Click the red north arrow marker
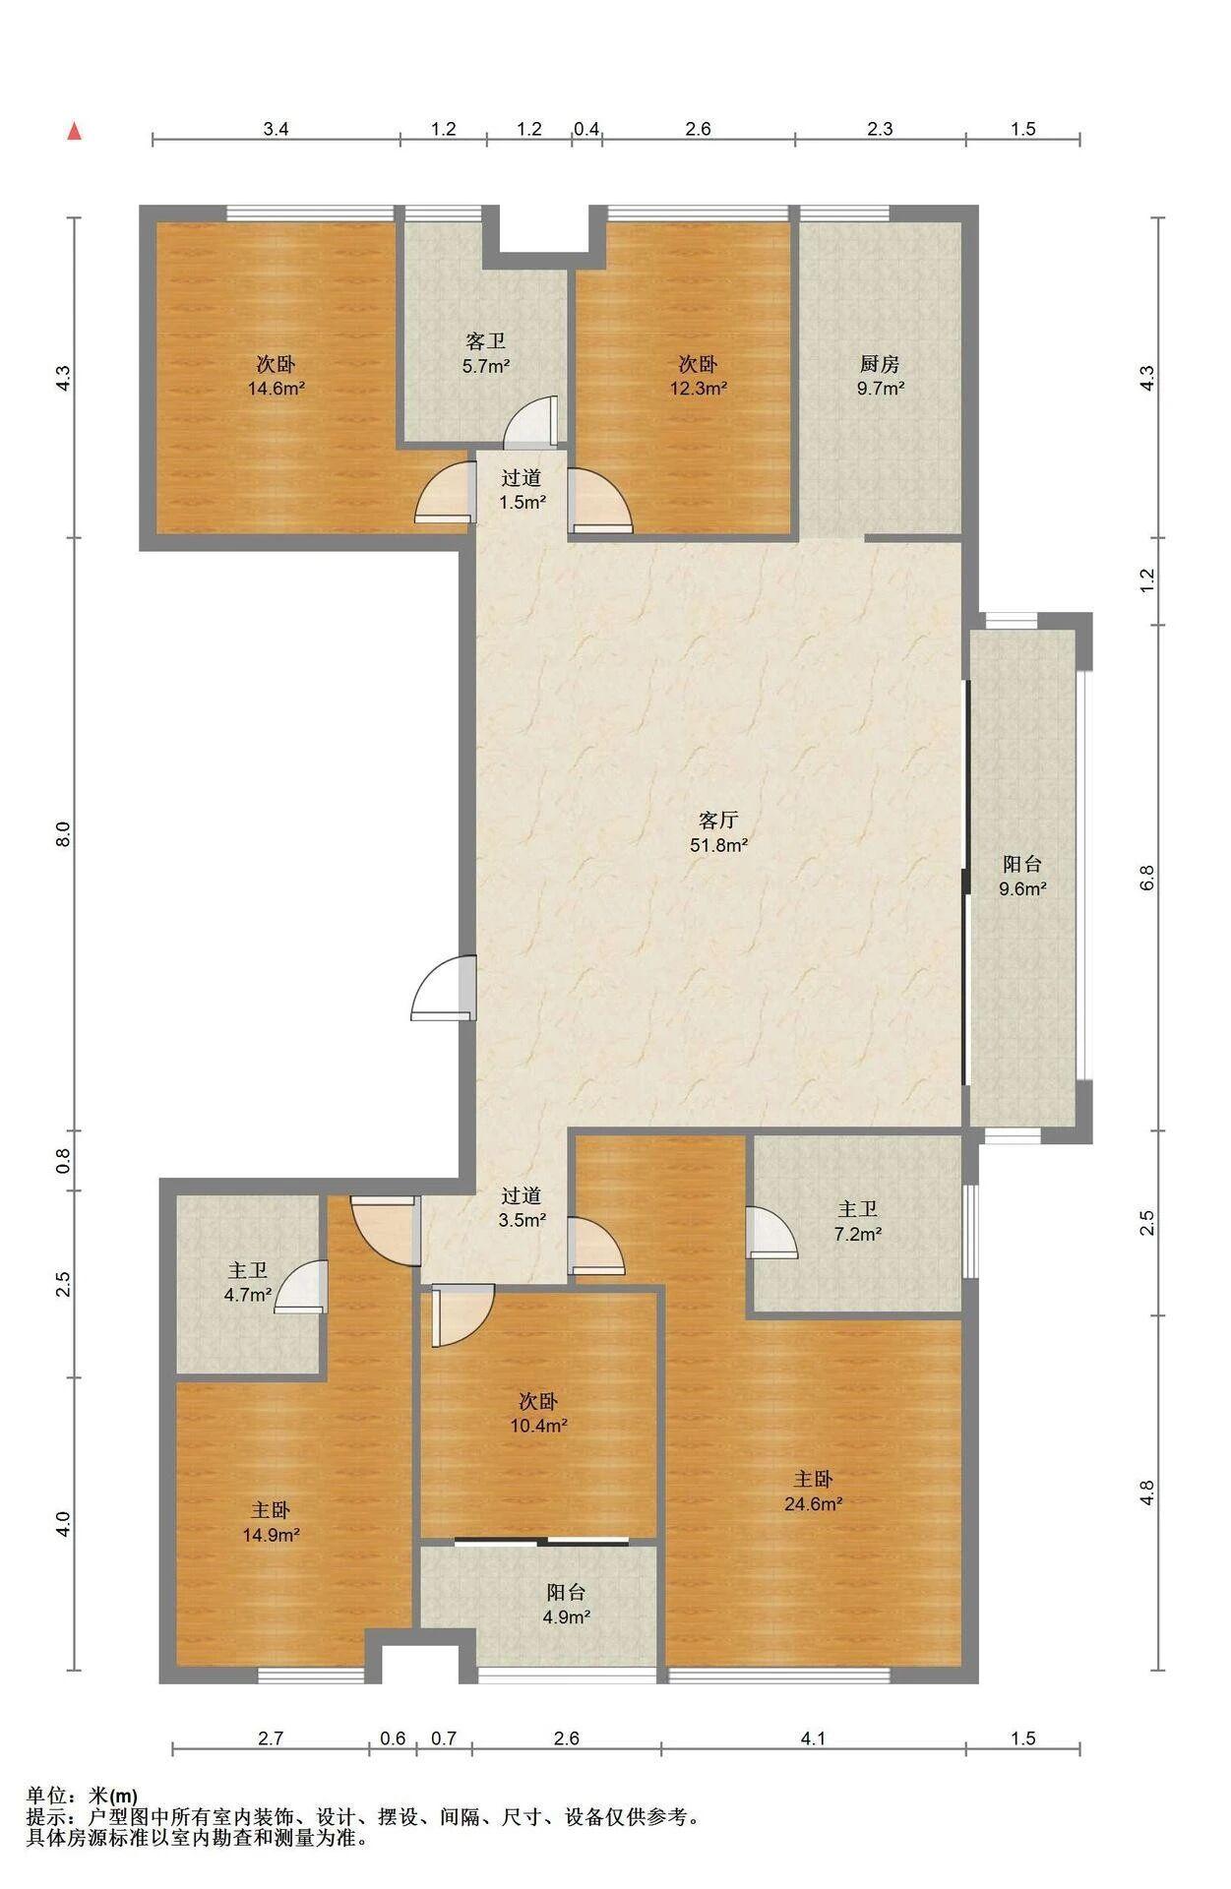[x=74, y=132]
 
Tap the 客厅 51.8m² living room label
[x=719, y=831]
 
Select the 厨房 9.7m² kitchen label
[x=880, y=376]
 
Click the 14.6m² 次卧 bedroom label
[x=276, y=376]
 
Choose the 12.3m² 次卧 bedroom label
[x=698, y=376]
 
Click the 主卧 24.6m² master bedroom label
[x=813, y=1491]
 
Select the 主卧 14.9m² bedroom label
[x=271, y=1521]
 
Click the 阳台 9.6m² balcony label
[x=1022, y=876]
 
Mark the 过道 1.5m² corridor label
[x=522, y=490]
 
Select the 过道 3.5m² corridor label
[x=522, y=1208]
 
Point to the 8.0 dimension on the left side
[x=62, y=834]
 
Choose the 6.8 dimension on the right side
[x=1146, y=878]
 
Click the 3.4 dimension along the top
[x=276, y=128]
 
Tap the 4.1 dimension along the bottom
[x=813, y=1737]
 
